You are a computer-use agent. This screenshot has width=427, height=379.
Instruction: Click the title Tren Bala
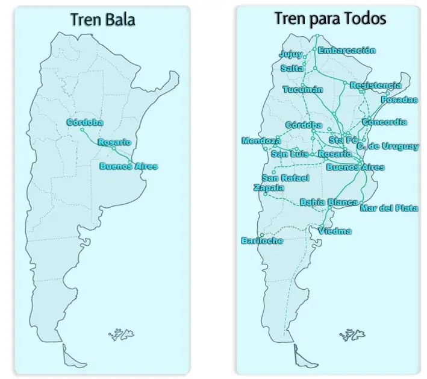[x=102, y=19]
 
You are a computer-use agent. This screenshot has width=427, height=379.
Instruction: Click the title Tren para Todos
[x=330, y=19]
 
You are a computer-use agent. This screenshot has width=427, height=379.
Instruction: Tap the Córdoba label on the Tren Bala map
[x=85, y=122]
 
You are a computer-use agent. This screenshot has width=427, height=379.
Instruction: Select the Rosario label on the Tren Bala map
[x=114, y=142]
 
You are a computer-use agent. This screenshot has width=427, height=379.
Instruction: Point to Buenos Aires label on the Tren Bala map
[x=129, y=166]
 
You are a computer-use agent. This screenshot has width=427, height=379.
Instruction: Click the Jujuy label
[x=291, y=54]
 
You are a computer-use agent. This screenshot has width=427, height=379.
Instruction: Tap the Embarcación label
[x=347, y=51]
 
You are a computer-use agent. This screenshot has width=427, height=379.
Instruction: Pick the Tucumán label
[x=303, y=90]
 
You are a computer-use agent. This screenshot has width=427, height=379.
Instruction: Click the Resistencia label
[x=376, y=86]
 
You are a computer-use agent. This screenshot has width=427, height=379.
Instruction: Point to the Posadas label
[x=399, y=99]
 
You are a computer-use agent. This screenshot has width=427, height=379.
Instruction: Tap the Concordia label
[x=384, y=122]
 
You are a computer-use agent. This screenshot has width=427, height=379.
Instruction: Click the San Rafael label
[x=285, y=178]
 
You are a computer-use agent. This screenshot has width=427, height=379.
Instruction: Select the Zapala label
[x=269, y=187]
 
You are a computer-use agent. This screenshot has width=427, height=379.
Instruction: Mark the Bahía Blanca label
[x=329, y=202]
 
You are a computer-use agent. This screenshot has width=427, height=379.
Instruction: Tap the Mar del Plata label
[x=389, y=208]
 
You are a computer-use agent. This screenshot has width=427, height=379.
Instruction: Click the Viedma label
[x=335, y=231]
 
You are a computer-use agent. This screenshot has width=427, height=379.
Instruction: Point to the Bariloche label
[x=262, y=240]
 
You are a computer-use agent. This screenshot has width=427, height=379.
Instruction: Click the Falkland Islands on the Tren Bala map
[x=121, y=334]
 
